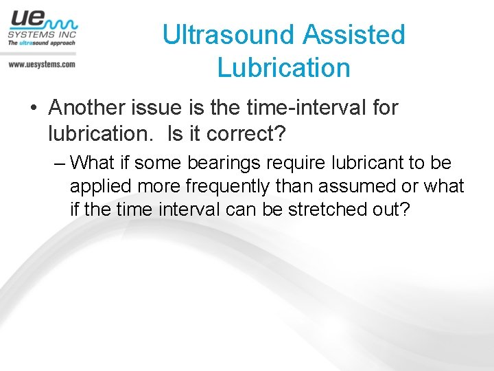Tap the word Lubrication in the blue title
[x=283, y=68]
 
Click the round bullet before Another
[x=32, y=109]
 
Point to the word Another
[x=91, y=108]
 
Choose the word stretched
[x=326, y=209]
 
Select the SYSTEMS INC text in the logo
[x=42, y=34]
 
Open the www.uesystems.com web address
[x=41, y=64]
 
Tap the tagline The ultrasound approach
[x=41, y=43]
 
